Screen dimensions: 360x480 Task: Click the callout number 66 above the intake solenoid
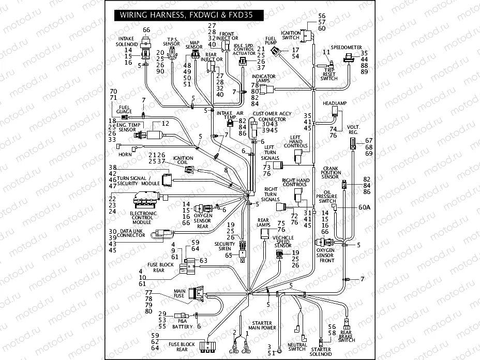(146, 30)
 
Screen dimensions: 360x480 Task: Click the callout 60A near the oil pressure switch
(350, 207)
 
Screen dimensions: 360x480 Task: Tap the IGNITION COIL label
(183, 160)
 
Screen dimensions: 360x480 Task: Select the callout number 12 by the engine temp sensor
(166, 124)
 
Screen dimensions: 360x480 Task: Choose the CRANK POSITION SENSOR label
(331, 172)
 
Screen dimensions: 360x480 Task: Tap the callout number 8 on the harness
(226, 170)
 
